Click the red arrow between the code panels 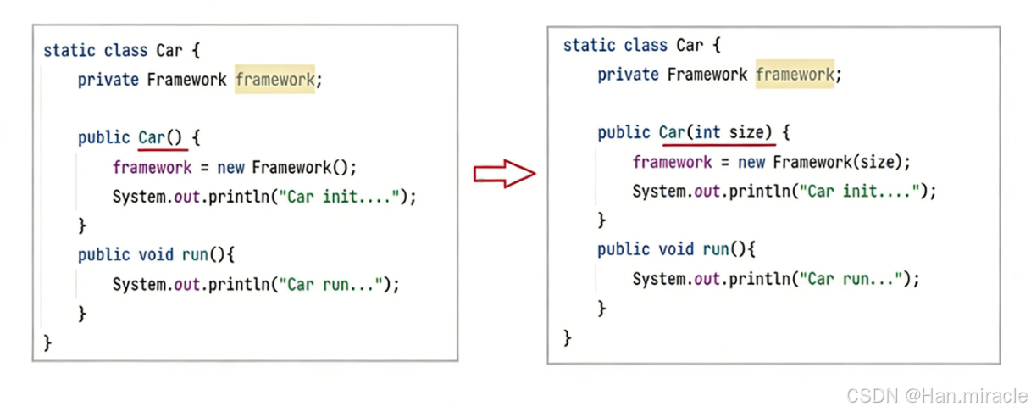[505, 174]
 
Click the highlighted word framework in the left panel [274, 80]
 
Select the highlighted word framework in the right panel [795, 75]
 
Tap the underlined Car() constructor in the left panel [159, 137]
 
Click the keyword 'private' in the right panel [628, 75]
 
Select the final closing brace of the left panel [47, 342]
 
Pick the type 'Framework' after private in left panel [186, 80]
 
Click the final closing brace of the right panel [567, 337]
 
